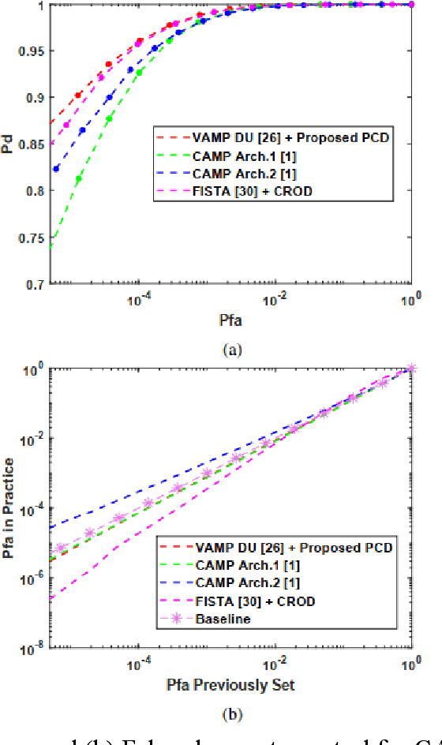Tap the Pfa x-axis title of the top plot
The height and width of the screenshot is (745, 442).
[230, 320]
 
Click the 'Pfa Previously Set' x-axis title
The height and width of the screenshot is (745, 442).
[230, 684]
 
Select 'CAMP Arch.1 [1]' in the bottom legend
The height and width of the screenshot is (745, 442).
[246, 565]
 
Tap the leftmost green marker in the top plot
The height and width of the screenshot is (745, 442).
[78, 179]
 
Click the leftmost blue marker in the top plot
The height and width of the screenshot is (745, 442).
[55, 168]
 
